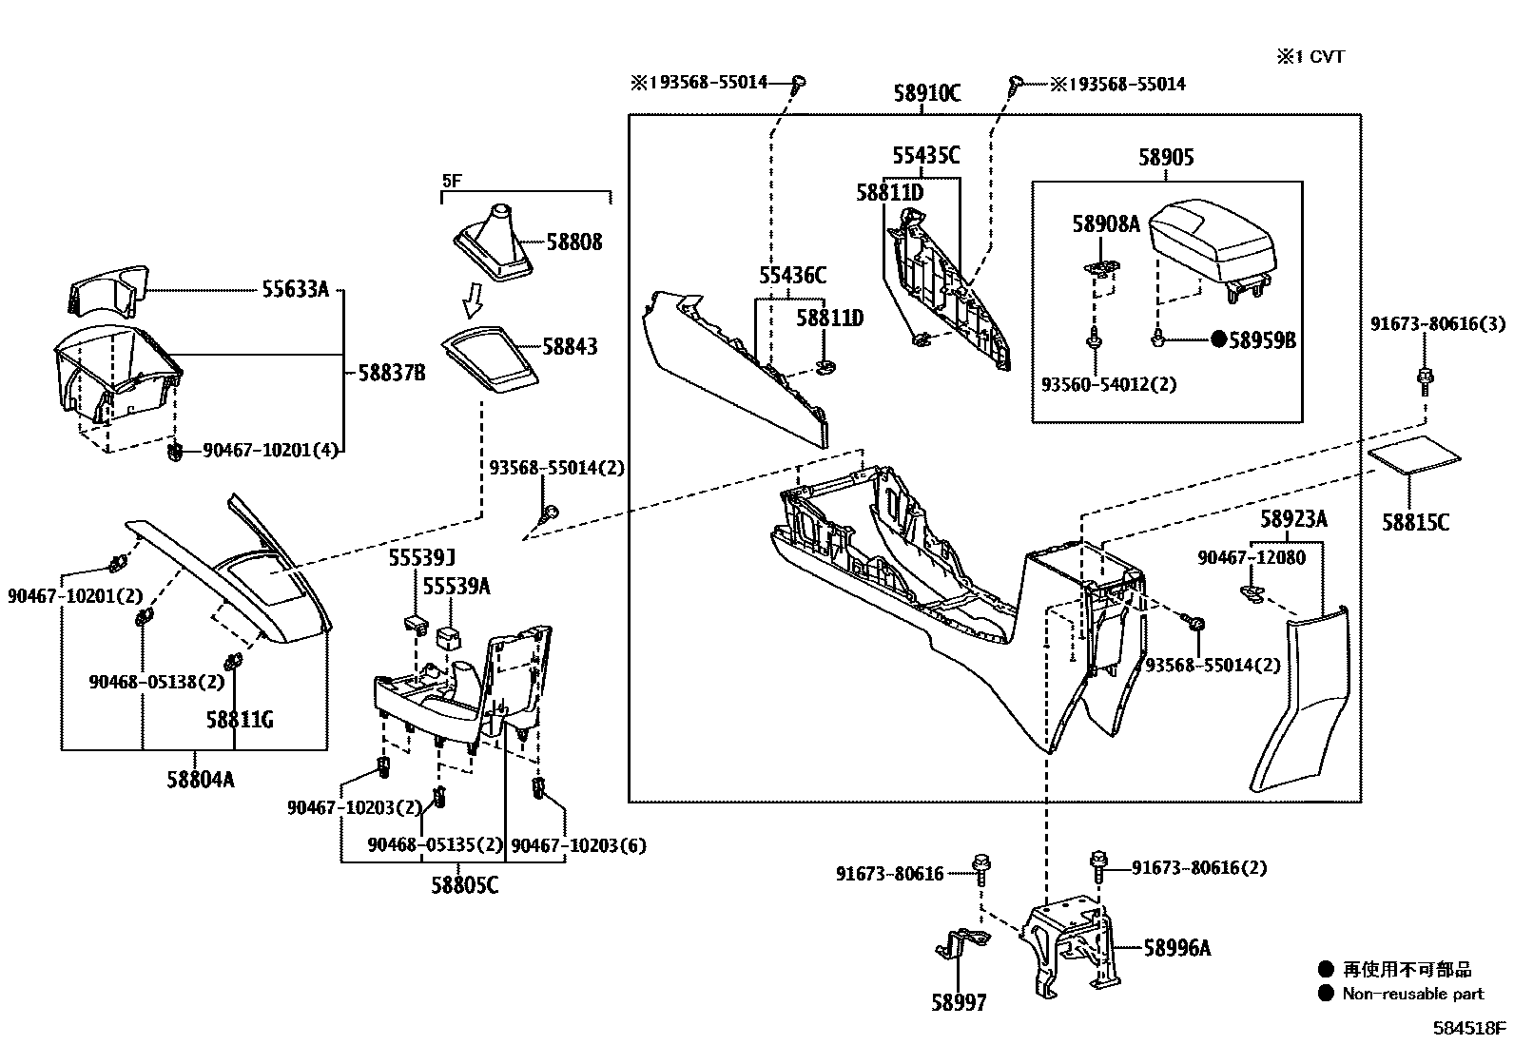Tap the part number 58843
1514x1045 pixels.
tap(570, 346)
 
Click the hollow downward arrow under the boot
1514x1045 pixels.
tap(473, 302)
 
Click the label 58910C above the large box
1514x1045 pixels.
tap(926, 93)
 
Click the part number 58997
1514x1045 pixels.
tap(959, 1002)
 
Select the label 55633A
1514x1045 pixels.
tap(295, 289)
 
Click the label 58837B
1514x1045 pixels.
tap(392, 373)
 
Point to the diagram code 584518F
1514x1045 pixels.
tap(1470, 1029)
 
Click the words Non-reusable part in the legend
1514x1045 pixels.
tap(1412, 995)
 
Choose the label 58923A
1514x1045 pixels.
tap(1293, 519)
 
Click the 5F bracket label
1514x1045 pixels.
tap(451, 180)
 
